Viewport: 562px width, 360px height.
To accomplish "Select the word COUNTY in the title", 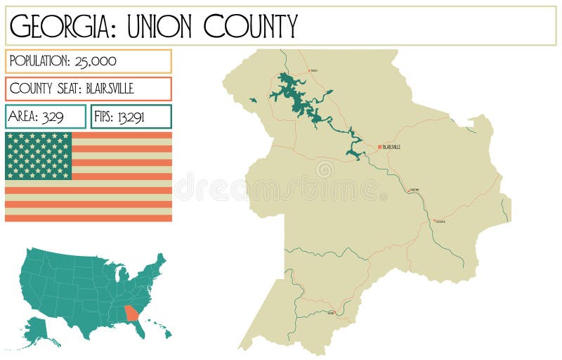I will pos(251,26).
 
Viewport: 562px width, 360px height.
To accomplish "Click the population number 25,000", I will pos(94,61).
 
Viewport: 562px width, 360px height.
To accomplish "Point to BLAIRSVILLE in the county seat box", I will pos(110,89).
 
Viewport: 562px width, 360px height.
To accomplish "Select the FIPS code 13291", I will pos(130,117).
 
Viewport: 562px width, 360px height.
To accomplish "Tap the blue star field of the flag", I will pos(39,155).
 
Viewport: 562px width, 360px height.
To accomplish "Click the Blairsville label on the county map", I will pos(391,147).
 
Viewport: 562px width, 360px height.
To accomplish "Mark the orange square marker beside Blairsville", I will pos(379,147).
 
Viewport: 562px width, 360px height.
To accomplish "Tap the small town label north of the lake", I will pos(313,71).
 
